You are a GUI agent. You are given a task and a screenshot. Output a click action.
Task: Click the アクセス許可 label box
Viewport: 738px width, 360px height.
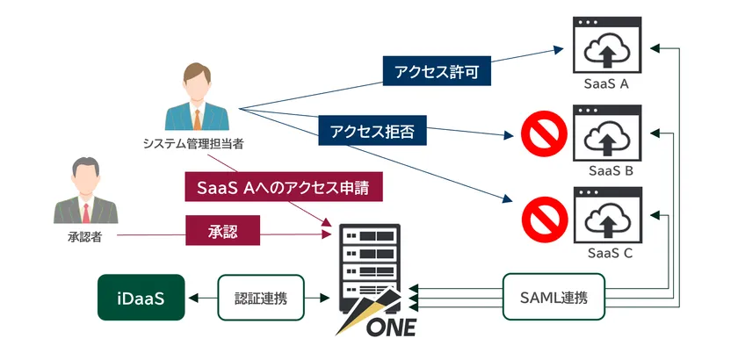coord(436,71)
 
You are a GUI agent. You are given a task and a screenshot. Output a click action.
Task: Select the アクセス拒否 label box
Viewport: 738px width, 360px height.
coord(373,132)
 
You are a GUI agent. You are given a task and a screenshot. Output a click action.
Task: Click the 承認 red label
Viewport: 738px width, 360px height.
coord(222,230)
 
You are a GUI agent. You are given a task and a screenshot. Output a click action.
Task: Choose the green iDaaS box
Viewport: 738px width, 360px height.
coord(141,298)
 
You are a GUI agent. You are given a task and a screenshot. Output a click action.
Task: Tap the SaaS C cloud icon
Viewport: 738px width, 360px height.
coord(605,216)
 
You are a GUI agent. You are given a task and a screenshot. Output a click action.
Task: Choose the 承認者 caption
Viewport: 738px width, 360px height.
coord(84,236)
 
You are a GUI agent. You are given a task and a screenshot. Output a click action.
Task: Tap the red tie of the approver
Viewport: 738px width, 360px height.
coord(85,212)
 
